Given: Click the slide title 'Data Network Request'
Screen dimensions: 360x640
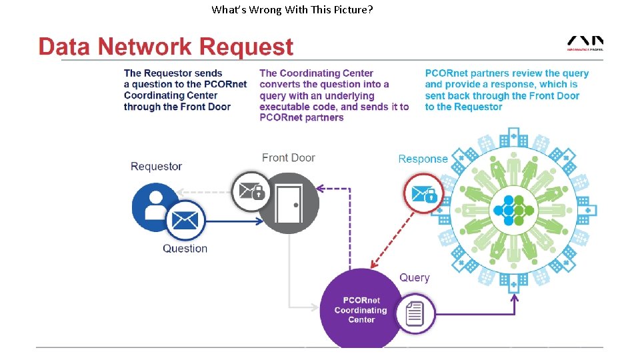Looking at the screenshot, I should (x=166, y=47).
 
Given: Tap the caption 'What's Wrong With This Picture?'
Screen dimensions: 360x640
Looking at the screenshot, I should (x=292, y=9).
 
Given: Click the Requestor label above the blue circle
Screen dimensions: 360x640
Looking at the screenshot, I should (x=156, y=166).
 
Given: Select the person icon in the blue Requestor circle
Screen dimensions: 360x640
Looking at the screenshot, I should (x=155, y=204).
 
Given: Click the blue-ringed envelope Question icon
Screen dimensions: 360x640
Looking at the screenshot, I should (x=185, y=220).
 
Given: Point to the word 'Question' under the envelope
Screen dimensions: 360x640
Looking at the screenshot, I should (x=185, y=249).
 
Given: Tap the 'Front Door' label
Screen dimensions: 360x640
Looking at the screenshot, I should (x=288, y=158).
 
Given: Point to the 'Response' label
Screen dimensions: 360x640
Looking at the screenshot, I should (x=423, y=159).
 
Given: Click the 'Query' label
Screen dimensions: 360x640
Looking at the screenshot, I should (x=414, y=277).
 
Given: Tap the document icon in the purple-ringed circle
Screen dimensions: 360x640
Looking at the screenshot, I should (x=415, y=313).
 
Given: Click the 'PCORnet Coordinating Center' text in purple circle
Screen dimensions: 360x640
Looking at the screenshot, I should (x=361, y=310).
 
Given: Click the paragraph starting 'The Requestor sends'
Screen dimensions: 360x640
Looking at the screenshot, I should (x=185, y=90).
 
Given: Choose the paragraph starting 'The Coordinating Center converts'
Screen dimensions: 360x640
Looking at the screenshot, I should (x=333, y=95).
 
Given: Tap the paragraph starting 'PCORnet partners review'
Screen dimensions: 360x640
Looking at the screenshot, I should (x=507, y=90).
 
